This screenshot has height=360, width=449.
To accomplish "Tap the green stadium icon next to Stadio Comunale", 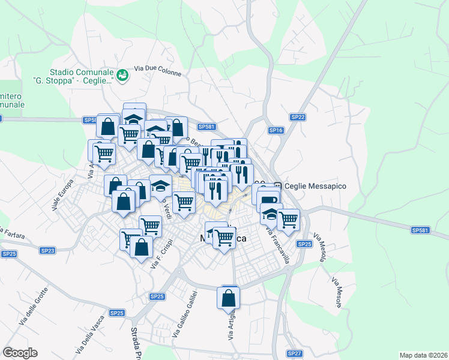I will point(123,74).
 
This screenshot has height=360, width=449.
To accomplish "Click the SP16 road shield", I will point(276,130).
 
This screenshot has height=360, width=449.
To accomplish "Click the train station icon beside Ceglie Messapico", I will point(278,187).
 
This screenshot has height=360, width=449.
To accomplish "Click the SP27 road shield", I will point(294,353).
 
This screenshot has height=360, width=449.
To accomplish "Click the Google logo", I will point(20,353).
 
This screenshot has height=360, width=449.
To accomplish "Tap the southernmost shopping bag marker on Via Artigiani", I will point(229,297).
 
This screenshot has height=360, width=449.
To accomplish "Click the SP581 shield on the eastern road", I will point(420,230).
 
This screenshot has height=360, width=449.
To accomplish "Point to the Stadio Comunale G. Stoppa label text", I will point(73,75).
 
